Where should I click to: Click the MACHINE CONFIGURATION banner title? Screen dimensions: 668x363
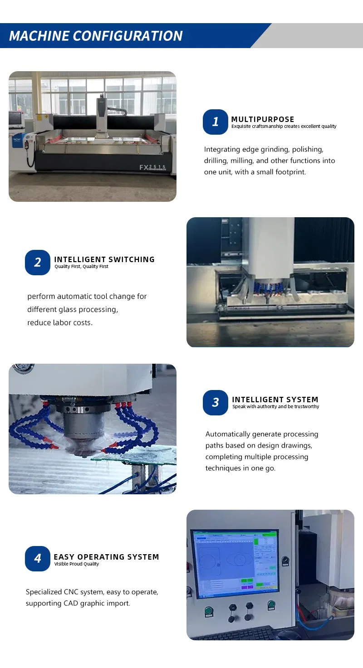tap(96, 36)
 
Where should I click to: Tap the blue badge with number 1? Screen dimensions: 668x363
tap(216, 122)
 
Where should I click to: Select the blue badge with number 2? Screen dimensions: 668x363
tap(38, 262)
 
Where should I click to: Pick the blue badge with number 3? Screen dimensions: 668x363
tap(216, 402)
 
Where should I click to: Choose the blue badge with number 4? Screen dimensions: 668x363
tap(38, 559)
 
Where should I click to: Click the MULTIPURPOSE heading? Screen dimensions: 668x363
tap(263, 119)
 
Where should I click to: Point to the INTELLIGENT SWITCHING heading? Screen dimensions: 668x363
tap(104, 259)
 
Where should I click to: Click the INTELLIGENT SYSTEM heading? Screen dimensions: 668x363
tap(275, 400)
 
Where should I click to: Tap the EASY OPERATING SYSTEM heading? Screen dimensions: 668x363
tap(106, 557)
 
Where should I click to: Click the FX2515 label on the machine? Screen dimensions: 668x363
tap(152, 167)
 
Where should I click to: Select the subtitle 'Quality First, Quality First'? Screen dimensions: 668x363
tap(81, 267)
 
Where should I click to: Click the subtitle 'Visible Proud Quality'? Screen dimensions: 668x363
tap(76, 564)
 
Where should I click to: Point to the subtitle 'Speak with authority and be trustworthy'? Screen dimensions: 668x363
tap(275, 407)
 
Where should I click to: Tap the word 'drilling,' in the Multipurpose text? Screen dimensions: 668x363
tap(216, 161)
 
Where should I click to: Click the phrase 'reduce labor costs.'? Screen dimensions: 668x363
tap(59, 322)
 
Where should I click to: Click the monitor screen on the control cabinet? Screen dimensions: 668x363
tap(235, 563)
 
